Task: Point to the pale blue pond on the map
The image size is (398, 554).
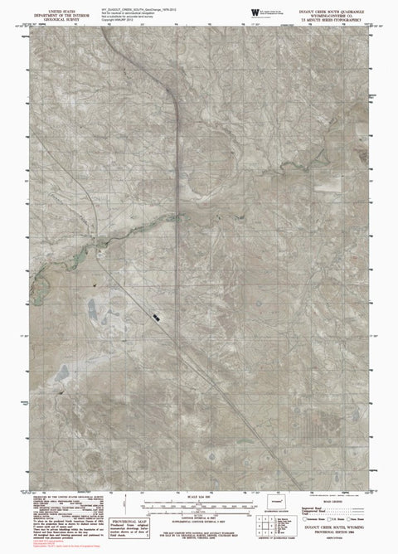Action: pyautogui.click(x=93, y=310)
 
